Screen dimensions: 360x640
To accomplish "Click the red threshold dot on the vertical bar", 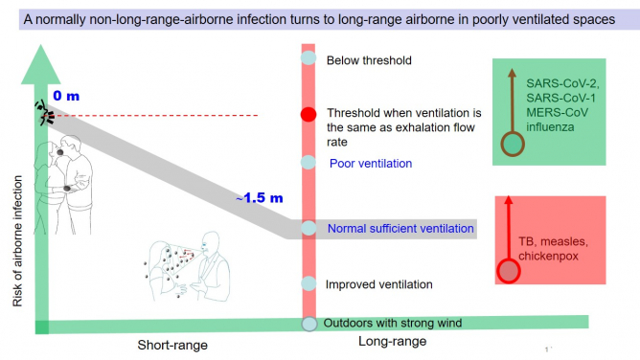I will pos(309,115).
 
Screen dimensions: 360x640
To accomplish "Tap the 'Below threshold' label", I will pos(369,60).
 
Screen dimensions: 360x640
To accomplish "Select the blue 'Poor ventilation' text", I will pos(370,163).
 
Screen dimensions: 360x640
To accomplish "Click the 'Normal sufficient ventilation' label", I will pos(400,229).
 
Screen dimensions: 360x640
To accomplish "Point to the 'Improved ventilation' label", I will pos(379,284).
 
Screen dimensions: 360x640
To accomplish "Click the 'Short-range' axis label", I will pos(172,344).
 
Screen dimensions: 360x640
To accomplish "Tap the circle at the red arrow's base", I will pos(509,270).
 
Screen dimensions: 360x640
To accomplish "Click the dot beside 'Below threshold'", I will pos(309,58).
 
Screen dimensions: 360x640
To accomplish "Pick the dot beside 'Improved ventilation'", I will pos(309,284).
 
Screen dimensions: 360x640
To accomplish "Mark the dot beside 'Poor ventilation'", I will pos(309,162).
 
